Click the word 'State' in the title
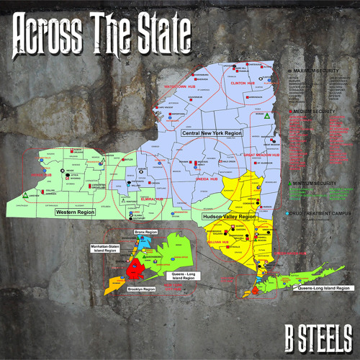coord(163,30)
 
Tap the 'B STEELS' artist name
coord(316,336)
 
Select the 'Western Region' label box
coord(76,213)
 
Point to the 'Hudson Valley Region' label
coord(228,216)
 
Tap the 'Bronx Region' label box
coord(145,233)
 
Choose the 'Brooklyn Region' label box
coord(141,289)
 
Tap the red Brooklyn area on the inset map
coord(134,270)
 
